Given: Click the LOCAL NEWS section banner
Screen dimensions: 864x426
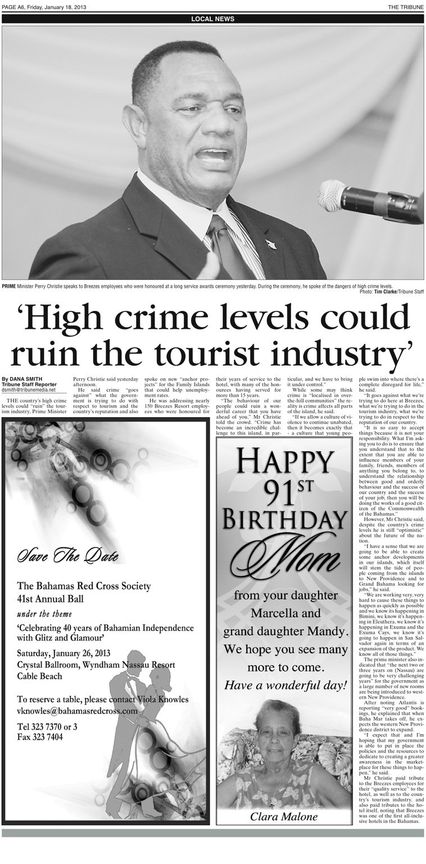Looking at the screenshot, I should pos(212,19).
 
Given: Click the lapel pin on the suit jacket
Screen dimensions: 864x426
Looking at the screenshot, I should pos(270,244).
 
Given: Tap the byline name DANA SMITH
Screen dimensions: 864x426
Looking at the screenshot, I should pos(22,379).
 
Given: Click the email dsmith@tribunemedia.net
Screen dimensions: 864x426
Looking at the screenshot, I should pos(29,390).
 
